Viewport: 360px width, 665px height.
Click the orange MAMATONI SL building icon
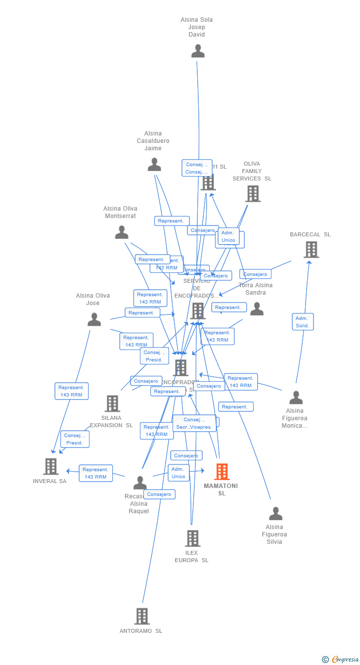(222, 472)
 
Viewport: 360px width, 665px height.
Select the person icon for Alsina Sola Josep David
(198, 51)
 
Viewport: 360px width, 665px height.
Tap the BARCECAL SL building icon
(311, 250)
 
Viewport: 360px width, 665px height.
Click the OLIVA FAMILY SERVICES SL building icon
(253, 193)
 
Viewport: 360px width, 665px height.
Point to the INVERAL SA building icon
(50, 466)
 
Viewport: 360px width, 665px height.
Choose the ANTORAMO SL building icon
(142, 616)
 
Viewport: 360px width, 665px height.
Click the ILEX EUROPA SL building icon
(192, 538)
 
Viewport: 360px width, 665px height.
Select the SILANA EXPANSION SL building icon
(112, 403)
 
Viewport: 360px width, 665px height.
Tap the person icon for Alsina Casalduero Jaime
(154, 165)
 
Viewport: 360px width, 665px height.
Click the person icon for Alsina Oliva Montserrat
(122, 232)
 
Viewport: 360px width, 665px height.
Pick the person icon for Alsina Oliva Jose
(94, 319)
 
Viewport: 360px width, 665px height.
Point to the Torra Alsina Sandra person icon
(257, 309)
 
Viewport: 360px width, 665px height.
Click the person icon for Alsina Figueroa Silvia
(275, 514)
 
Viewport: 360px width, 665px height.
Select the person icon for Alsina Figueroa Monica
(296, 398)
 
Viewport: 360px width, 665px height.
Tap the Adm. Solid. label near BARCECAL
(302, 322)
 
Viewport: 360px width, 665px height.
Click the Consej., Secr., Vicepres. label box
(194, 423)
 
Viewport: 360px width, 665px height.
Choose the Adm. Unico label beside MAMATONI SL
(178, 473)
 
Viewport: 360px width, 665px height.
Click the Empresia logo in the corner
(341, 659)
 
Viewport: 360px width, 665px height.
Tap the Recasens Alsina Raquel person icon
(140, 483)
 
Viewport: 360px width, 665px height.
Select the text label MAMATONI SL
(221, 489)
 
